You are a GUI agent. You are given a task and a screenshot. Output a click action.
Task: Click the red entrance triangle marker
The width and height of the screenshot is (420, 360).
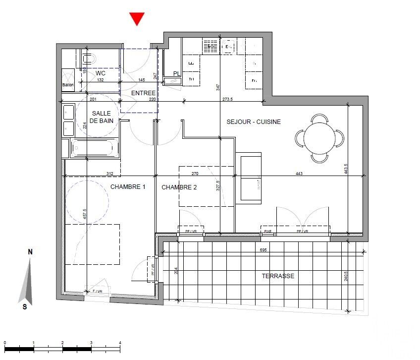(137, 19)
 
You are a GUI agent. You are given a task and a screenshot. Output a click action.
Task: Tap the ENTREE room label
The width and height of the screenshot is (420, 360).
(143, 93)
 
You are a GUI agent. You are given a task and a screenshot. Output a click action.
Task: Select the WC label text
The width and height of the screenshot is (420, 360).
(102, 72)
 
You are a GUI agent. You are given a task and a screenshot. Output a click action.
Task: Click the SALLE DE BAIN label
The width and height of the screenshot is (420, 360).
(101, 117)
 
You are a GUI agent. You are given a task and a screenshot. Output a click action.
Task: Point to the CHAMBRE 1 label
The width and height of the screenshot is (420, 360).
(128, 187)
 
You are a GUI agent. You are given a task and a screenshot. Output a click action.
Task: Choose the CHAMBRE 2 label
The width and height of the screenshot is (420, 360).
(179, 187)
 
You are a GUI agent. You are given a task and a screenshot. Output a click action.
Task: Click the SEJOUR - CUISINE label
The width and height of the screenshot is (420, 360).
(254, 122)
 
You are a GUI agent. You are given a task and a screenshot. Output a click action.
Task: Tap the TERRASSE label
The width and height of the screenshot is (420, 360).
(279, 276)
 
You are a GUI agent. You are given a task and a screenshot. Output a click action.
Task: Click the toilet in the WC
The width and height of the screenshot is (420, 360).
(89, 60)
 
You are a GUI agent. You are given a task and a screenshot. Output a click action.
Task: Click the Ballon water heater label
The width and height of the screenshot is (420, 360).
(68, 86)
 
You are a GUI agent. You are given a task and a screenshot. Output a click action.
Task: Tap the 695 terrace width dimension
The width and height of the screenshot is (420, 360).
(263, 251)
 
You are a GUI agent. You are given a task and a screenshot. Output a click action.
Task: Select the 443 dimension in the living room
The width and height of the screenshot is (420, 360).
(299, 174)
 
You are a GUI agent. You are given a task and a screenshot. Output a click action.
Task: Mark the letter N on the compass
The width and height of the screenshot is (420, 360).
(30, 252)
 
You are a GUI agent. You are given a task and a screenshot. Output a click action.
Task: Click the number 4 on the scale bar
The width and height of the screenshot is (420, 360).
(120, 343)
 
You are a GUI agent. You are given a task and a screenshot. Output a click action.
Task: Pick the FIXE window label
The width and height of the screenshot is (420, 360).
(268, 232)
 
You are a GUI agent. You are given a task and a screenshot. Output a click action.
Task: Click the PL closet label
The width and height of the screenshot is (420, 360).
(176, 74)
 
